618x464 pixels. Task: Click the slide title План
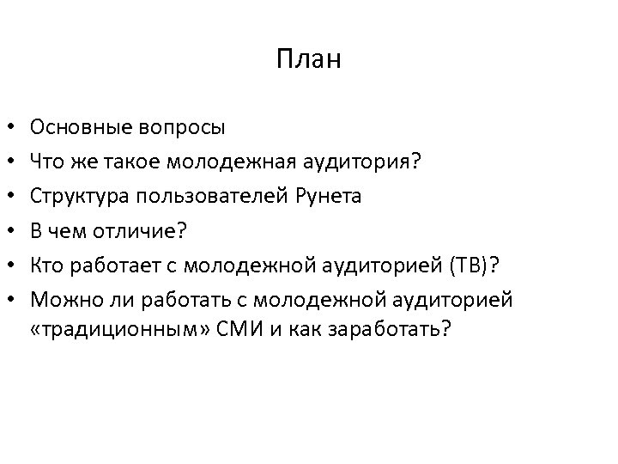coord(309,59)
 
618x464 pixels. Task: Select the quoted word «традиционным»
coord(102,330)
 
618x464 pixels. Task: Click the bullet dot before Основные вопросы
coord(15,130)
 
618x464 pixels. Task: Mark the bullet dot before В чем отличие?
coord(15,230)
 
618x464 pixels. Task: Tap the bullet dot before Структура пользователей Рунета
coord(15,197)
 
